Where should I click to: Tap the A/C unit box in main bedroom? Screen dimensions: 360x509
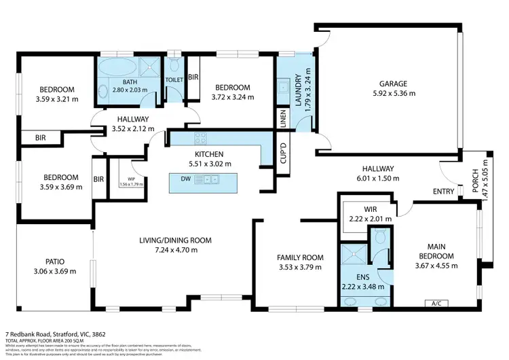tap(434, 303)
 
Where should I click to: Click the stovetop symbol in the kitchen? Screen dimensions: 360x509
tap(201, 139)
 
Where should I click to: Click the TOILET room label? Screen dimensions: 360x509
tap(174, 79)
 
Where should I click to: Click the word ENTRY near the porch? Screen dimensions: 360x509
tap(444, 192)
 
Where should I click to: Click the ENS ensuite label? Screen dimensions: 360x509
tap(363, 277)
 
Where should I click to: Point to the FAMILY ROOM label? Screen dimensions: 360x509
tap(299, 257)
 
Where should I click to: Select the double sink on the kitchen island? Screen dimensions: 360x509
tap(206, 179)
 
